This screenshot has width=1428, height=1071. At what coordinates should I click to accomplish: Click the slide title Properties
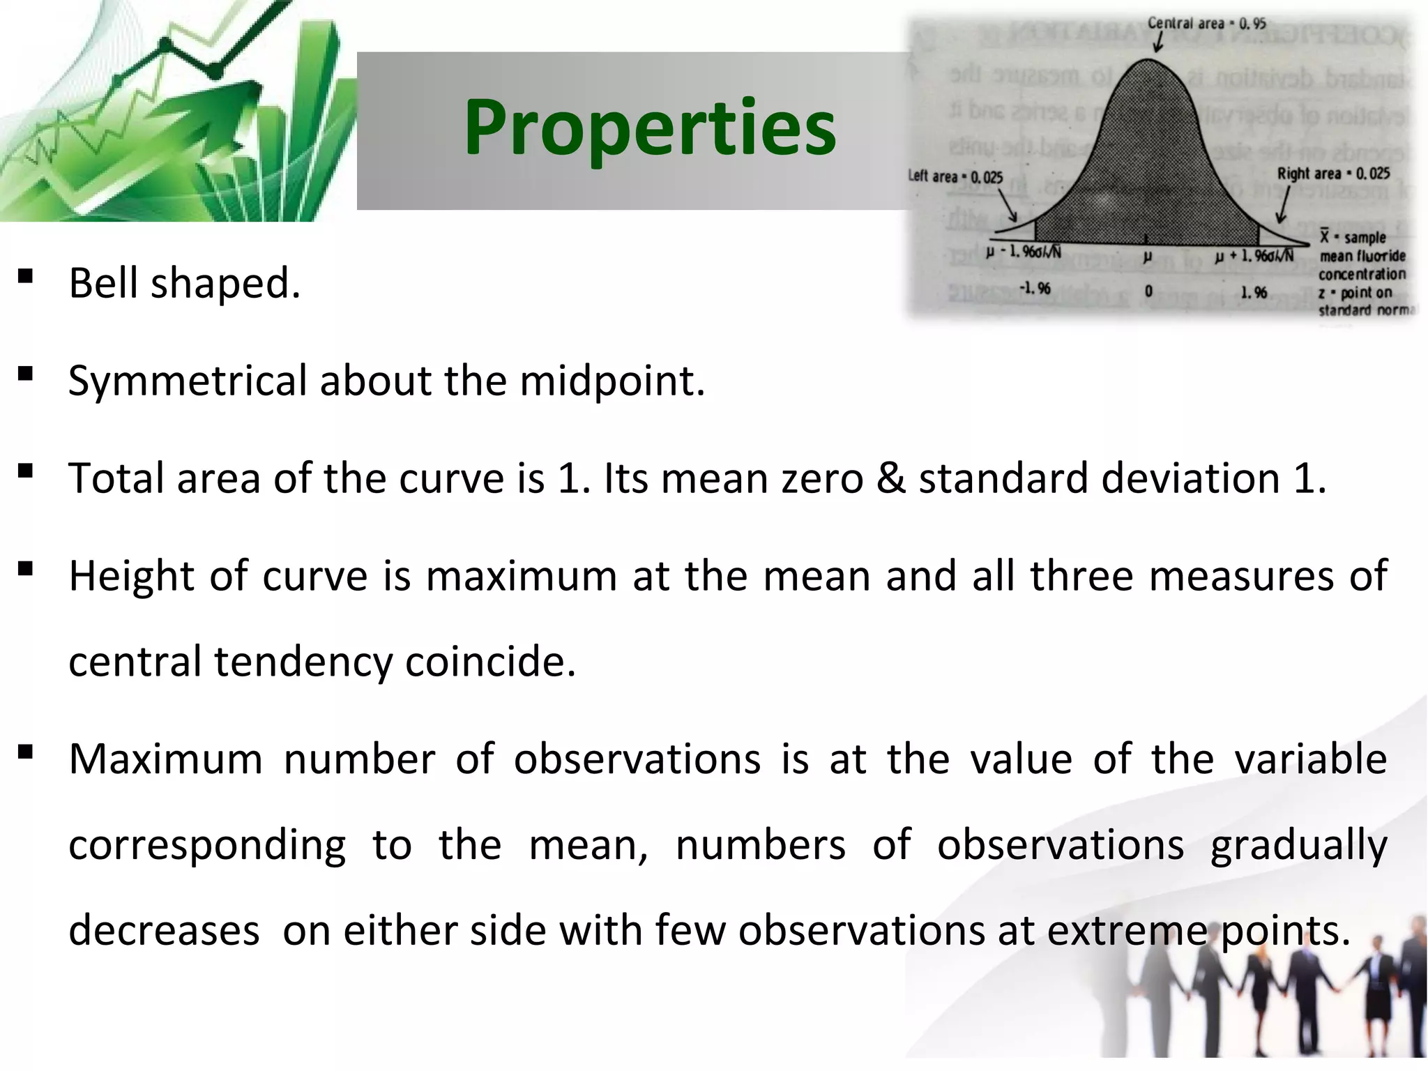[650, 128]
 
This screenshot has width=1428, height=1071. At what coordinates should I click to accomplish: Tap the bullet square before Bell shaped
[26, 277]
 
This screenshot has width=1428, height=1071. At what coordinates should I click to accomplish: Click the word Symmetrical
[188, 381]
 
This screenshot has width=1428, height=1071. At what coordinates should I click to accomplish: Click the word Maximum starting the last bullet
[166, 759]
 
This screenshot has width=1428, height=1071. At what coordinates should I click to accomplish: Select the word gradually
[1298, 846]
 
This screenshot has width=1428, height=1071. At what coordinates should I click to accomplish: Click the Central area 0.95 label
[1206, 23]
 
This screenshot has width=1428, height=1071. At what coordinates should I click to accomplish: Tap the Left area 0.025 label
[955, 176]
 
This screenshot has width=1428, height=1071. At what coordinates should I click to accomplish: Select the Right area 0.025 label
[1333, 173]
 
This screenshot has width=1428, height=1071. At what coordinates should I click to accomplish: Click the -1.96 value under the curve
[1035, 288]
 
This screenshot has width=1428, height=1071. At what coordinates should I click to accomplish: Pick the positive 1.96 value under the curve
[1254, 291]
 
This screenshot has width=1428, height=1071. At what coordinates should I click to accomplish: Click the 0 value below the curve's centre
[1148, 291]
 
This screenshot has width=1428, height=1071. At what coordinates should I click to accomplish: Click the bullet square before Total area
[26, 472]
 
